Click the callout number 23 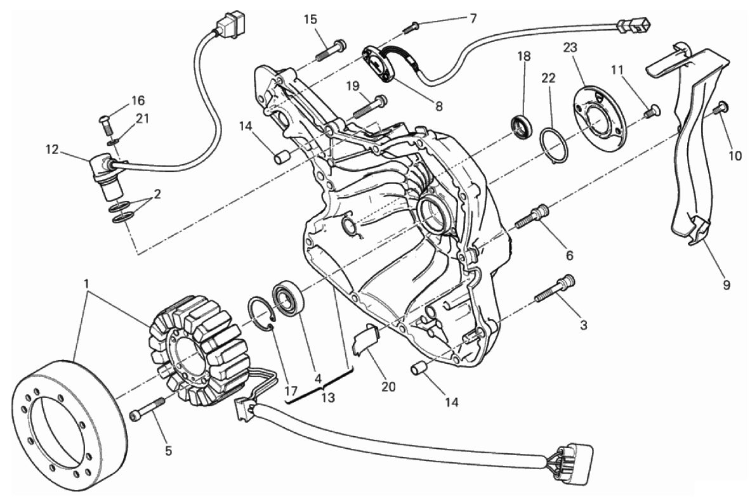point(570,48)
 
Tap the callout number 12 point(52,150)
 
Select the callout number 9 point(727,285)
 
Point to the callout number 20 point(388,387)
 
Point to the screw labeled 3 point(554,288)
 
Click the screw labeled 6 point(532,217)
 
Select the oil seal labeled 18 point(521,126)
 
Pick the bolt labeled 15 point(331,51)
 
